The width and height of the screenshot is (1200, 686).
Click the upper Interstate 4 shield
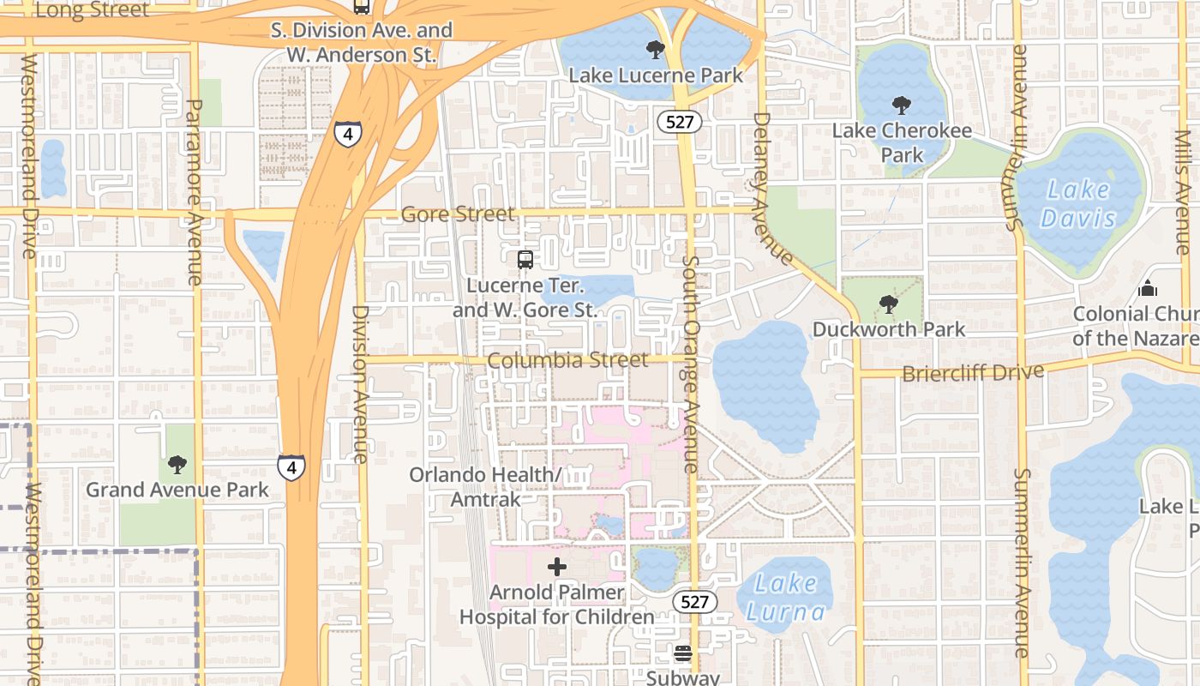pyautogui.click(x=347, y=134)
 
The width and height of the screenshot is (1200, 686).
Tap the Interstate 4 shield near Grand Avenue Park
pyautogui.click(x=291, y=467)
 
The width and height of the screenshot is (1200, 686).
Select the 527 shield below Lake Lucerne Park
pyautogui.click(x=680, y=122)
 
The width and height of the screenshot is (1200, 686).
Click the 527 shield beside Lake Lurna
pyautogui.click(x=694, y=601)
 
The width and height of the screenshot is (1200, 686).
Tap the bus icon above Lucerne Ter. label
pyautogui.click(x=525, y=259)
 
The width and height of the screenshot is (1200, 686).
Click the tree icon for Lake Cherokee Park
pyautogui.click(x=901, y=105)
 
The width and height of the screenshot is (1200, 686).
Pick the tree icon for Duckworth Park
pyautogui.click(x=889, y=304)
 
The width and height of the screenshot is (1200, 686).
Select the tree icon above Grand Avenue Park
pyautogui.click(x=177, y=465)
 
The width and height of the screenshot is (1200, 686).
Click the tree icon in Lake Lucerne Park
pyautogui.click(x=656, y=50)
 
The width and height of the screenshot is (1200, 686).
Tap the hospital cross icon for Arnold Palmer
pyautogui.click(x=557, y=566)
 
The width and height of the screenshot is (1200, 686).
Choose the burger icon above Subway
pyautogui.click(x=683, y=653)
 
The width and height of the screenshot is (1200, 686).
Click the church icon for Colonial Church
pyautogui.click(x=1148, y=289)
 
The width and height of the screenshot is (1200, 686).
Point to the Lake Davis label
pyautogui.click(x=1078, y=203)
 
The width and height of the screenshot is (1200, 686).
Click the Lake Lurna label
pyautogui.click(x=785, y=598)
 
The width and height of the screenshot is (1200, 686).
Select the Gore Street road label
pyautogui.click(x=458, y=214)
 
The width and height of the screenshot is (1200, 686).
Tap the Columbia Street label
pyautogui.click(x=567, y=360)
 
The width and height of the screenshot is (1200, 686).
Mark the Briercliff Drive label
pyautogui.click(x=973, y=373)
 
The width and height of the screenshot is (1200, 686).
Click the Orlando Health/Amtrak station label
pyautogui.click(x=485, y=486)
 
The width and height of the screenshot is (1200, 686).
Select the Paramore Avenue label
pyautogui.click(x=195, y=192)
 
